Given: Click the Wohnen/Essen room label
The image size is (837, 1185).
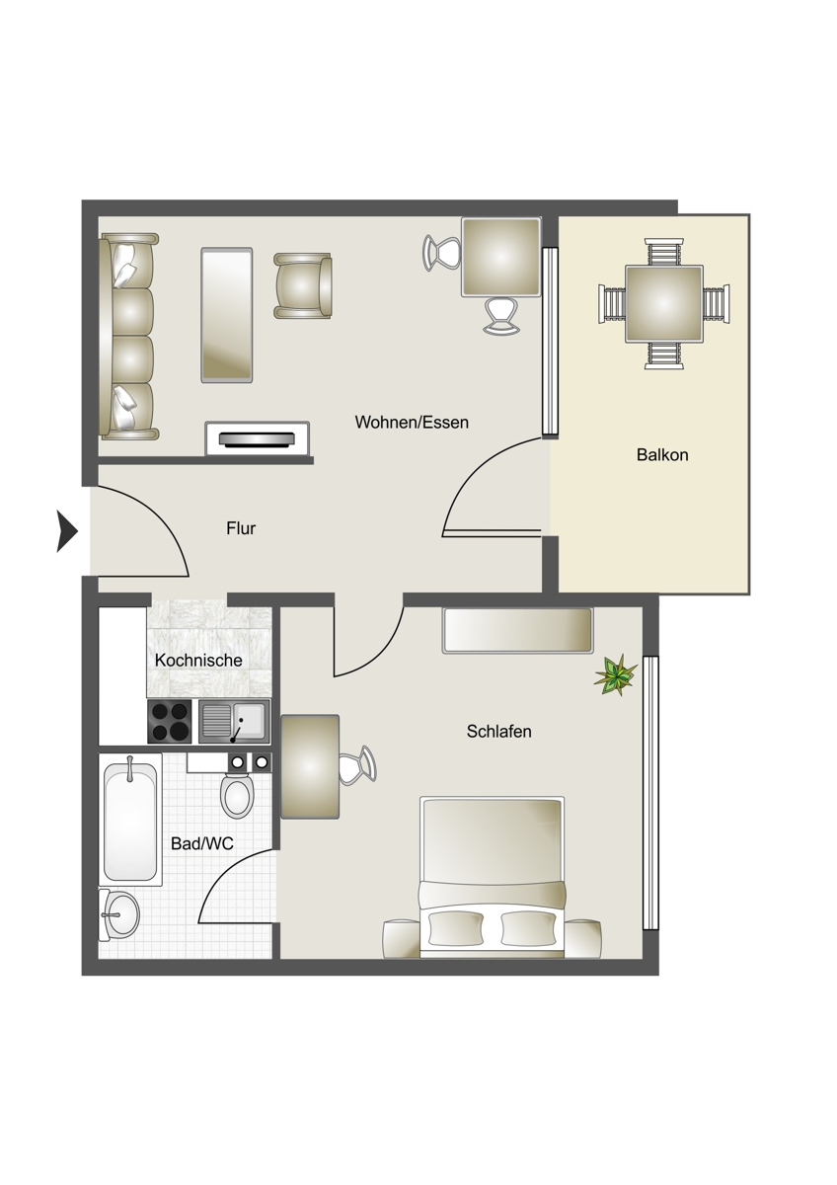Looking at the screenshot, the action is coord(412,423).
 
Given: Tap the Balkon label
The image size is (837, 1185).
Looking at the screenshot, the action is coord(662,455).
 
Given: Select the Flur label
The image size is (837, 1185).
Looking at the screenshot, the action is coord(241,528).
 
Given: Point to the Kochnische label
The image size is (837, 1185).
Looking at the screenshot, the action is coord(198,661).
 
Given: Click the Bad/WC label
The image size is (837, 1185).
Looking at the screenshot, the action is coord(202,843).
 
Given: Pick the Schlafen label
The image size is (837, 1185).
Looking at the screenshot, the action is coord(498,732).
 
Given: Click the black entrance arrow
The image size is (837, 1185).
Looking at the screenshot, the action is coord(67,530).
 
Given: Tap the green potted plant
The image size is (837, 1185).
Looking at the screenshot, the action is coord(616,674).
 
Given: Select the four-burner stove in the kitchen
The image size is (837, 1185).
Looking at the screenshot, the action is coord(170,721).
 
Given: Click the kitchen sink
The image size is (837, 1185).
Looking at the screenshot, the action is coord(234,721).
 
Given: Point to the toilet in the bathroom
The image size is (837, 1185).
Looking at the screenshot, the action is coord(237,789).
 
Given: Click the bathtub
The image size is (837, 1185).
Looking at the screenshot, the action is coord(130,820).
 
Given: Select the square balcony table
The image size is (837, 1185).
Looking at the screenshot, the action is coord(664,304).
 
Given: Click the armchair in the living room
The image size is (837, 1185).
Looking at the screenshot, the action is coord(302,285).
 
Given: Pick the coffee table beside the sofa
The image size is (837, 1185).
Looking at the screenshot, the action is coord(227,314).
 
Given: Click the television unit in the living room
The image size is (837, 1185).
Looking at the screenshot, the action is coord(258,438).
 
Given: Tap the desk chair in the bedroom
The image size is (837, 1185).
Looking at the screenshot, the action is coord(357,764).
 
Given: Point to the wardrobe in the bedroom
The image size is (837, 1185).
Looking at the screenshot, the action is coord(517,631).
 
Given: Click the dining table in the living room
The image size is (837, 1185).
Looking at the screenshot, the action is coord(500,257).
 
